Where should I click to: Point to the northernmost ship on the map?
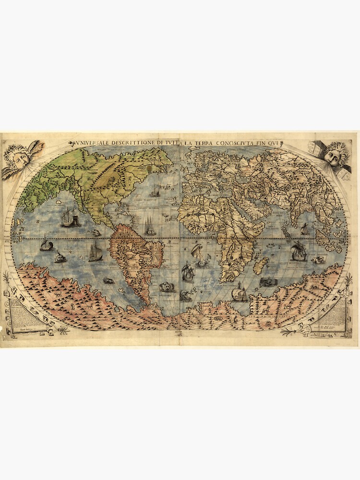pyautogui.click(x=154, y=192)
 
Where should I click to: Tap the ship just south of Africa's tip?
pyautogui.click(x=239, y=292)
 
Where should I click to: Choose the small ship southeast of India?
pyautogui.click(x=304, y=229)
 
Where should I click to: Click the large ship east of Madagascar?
pyautogui.click(x=299, y=252)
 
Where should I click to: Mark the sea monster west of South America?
pyautogui.click(x=108, y=280)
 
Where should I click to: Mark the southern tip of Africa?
pyautogui.click(x=226, y=280)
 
